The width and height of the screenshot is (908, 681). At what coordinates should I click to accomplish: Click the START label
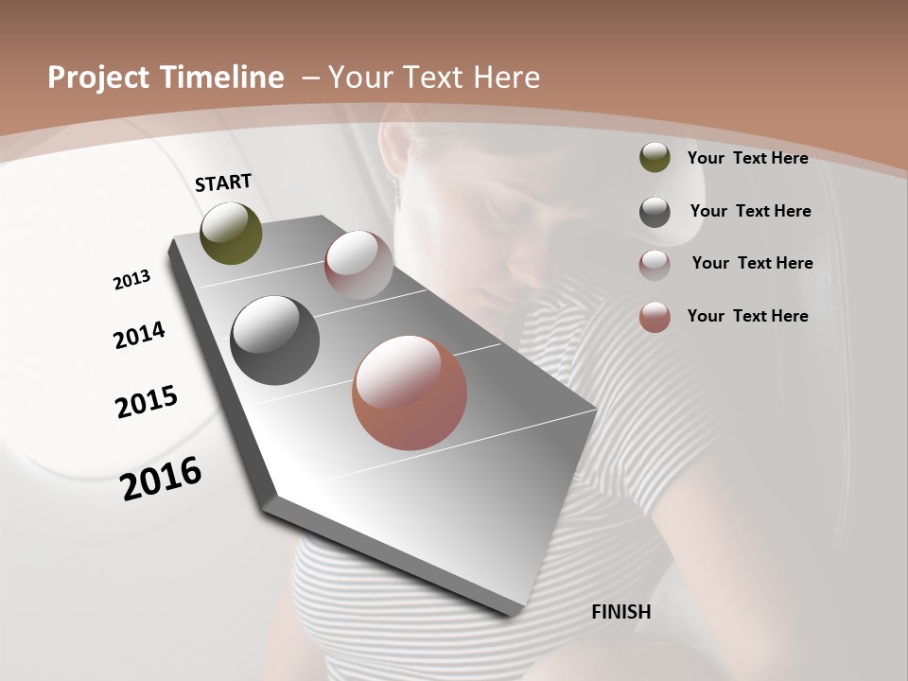pos(223,183)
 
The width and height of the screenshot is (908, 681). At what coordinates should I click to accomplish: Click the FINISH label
pos(620,612)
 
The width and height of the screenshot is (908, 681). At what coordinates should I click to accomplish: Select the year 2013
pos(131,279)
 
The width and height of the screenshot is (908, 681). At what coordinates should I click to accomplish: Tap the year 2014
pos(139,335)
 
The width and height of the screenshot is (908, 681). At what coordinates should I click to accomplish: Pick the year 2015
pos(147,402)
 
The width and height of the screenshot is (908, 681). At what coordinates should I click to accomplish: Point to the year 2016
pos(161,478)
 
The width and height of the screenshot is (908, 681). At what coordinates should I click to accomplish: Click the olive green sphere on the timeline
pos(231,233)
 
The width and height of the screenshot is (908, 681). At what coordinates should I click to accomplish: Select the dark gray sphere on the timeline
pos(274,340)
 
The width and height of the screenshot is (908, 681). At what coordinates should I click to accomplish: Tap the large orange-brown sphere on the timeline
pos(410,393)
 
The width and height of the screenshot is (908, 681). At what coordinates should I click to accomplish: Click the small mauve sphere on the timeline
pos(358,265)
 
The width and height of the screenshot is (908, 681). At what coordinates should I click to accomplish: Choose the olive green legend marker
pos(655,158)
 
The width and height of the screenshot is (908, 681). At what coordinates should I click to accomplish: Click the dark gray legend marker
pos(655,212)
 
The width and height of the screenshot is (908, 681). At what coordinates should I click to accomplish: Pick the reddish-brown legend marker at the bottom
pos(655,317)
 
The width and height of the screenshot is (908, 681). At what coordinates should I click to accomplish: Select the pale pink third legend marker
pos(655,265)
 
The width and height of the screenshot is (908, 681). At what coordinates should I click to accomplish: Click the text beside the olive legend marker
pos(747,158)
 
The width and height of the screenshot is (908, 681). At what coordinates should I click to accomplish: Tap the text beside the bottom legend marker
pos(747,316)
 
